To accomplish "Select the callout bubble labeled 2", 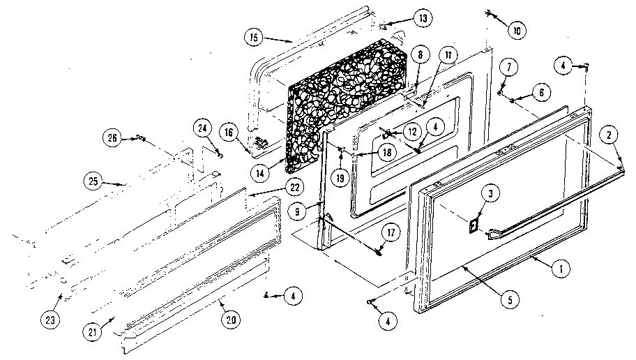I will click(609, 135).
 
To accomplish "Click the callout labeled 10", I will click(517, 30).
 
